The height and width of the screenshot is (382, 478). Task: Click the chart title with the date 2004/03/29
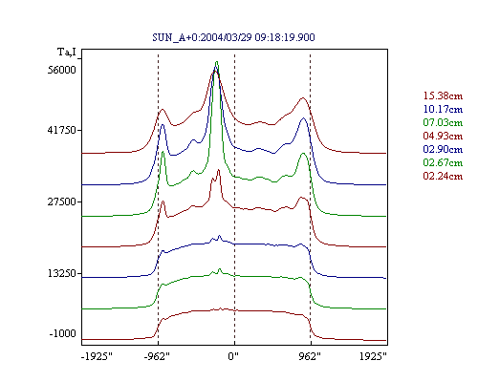coord(233,37)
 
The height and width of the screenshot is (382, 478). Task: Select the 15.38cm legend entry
coord(443,95)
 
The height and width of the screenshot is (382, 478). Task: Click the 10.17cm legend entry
coord(443,109)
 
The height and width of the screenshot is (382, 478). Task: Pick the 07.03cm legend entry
coord(443,122)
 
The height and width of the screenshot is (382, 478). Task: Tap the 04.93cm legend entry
coord(443,136)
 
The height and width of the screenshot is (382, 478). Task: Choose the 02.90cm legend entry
coord(443,149)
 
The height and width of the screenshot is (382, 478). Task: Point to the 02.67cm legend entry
coord(443,162)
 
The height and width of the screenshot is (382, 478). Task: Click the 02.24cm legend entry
coord(443,176)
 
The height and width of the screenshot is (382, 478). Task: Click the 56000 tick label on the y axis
coord(62,70)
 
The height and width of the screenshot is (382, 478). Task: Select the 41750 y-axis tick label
coord(62,130)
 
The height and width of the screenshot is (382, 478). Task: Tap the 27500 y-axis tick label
coord(62,202)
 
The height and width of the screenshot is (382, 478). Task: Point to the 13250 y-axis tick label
coord(62,273)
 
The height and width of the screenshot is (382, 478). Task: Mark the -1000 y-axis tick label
coord(63,333)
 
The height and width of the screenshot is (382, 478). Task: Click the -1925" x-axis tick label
coord(97,356)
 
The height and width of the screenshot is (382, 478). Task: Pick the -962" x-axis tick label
coord(157,356)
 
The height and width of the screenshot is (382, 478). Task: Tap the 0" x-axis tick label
coord(233,356)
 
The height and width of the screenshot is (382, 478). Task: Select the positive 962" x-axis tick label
coord(310,356)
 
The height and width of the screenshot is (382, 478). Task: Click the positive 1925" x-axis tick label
coord(373,356)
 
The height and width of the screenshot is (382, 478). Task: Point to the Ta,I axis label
coord(67,52)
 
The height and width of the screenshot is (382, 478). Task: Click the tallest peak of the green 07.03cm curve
coord(217,62)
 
